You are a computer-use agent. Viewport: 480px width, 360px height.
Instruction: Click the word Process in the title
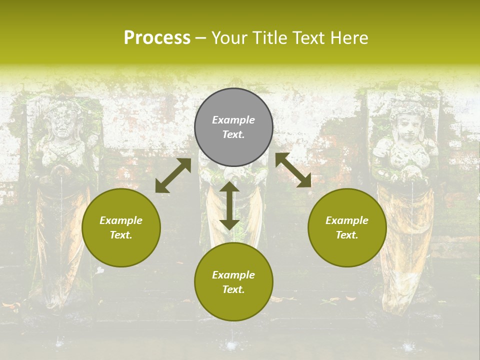click(x=157, y=38)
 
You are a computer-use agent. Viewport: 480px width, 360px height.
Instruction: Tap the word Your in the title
click(x=229, y=38)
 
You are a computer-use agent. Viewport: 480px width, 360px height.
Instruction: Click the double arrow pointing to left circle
click(x=173, y=175)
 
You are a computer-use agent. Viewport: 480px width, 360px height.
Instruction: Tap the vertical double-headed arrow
click(x=229, y=205)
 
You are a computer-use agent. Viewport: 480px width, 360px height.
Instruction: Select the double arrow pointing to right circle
click(x=293, y=170)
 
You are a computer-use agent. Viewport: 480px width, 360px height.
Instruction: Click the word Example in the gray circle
click(x=233, y=120)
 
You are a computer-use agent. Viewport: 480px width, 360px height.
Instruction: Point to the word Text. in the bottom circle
click(x=233, y=289)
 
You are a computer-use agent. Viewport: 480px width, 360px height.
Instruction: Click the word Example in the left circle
click(x=121, y=220)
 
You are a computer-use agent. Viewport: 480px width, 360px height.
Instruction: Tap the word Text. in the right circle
click(x=347, y=235)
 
